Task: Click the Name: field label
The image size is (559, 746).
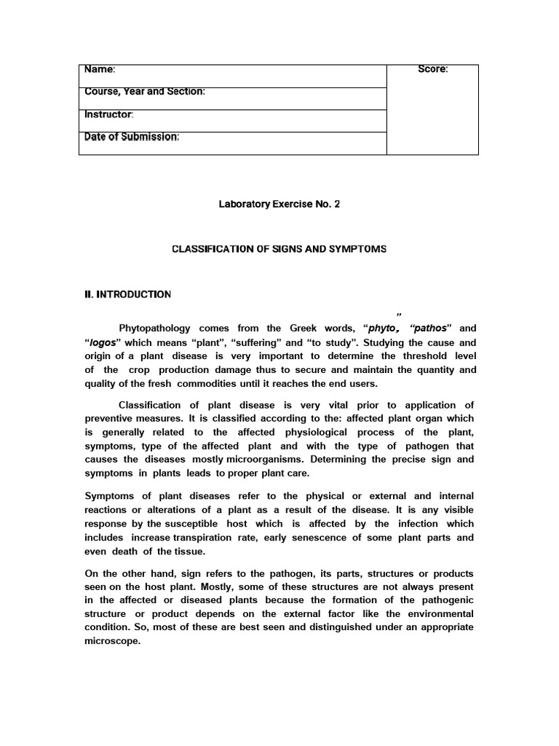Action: (100, 69)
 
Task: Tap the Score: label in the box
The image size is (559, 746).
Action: (433, 69)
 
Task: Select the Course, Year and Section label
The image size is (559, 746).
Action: (145, 92)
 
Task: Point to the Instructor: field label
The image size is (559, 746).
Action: (109, 114)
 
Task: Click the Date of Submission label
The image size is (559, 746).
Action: (132, 137)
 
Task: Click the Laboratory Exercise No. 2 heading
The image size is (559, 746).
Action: (279, 204)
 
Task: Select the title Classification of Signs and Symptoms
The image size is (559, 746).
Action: (279, 249)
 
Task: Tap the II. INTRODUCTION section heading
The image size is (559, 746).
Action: (128, 294)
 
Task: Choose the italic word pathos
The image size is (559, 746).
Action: (432, 329)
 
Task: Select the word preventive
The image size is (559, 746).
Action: (110, 419)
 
